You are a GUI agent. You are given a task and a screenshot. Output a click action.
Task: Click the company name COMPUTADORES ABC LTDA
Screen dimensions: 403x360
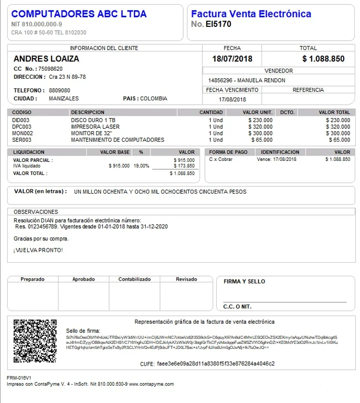(79, 14)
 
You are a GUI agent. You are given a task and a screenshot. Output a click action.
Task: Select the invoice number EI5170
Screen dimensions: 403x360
(218, 24)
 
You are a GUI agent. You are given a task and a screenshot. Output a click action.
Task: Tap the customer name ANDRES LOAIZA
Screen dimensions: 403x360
(47, 59)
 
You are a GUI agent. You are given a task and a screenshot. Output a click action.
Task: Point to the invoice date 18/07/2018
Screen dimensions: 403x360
(232, 59)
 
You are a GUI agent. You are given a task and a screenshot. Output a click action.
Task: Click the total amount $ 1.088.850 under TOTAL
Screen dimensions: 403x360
(323, 59)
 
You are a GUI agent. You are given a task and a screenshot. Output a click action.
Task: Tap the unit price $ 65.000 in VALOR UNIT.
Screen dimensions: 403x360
(261, 140)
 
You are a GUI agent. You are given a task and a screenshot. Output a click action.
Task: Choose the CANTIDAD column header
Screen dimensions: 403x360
(211, 112)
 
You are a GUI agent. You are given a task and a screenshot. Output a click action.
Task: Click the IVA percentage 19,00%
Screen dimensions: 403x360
(141, 166)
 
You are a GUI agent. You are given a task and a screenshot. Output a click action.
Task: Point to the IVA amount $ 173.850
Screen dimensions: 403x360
(184, 166)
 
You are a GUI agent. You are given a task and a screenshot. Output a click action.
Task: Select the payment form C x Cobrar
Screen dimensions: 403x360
(221, 159)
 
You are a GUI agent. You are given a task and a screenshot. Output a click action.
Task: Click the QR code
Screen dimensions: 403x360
(35, 341)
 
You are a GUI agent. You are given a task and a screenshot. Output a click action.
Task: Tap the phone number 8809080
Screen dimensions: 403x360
(60, 90)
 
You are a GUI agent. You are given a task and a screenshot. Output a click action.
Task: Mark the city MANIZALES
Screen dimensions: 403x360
(64, 98)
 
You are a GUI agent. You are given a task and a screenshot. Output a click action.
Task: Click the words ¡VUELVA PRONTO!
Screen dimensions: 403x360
(38, 250)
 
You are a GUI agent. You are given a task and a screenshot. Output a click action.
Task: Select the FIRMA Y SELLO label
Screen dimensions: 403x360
(244, 281)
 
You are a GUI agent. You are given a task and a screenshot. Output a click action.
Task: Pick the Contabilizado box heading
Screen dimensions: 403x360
(135, 279)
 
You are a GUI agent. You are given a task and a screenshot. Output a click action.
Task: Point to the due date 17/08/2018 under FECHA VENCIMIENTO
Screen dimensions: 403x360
(232, 99)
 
